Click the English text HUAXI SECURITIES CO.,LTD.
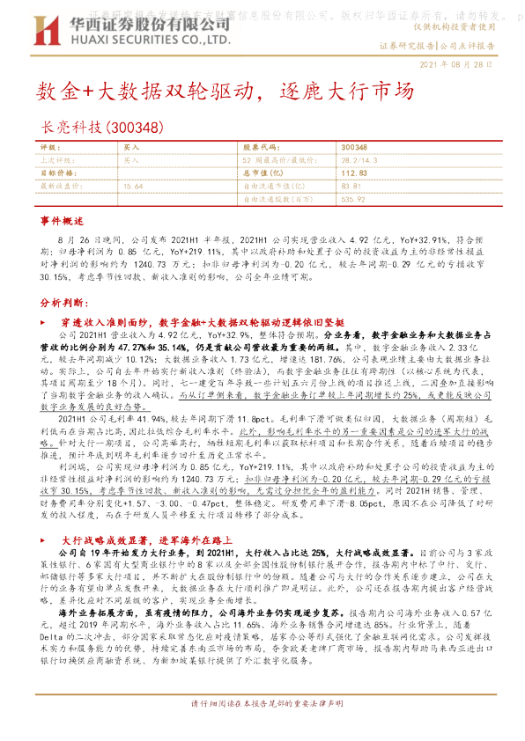point(150,40)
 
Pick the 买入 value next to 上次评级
point(131,161)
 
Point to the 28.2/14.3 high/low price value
point(359,161)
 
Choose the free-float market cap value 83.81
point(350,187)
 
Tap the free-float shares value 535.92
point(352,199)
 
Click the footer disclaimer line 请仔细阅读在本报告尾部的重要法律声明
point(262,706)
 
